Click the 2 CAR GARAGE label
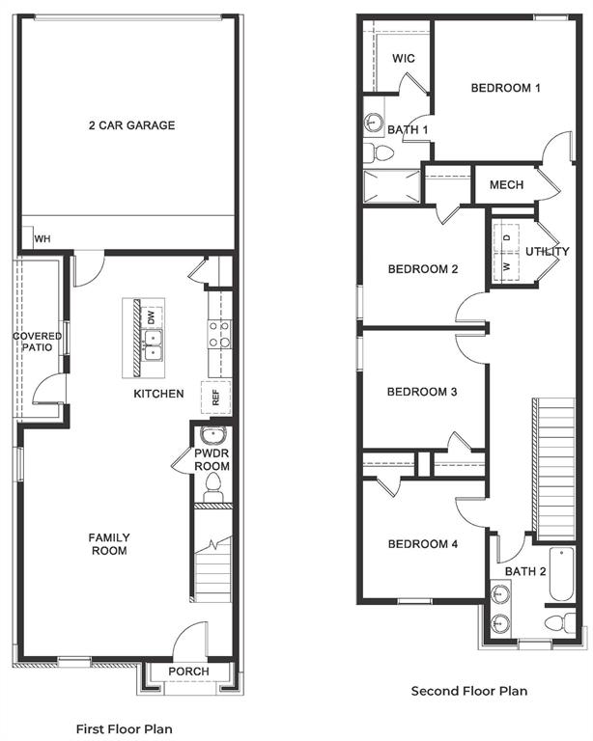click(131, 125)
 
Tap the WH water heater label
click(42, 239)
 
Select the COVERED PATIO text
click(38, 343)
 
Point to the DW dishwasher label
click(151, 317)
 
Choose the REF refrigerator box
click(215, 397)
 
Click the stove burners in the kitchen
click(219, 334)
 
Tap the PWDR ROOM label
click(211, 458)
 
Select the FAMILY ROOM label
click(109, 544)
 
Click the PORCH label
click(188, 672)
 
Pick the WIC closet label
click(404, 59)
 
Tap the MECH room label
click(506, 185)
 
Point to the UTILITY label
click(547, 252)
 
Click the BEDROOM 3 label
click(421, 392)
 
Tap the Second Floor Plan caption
click(469, 691)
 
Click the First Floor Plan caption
click(124, 728)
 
